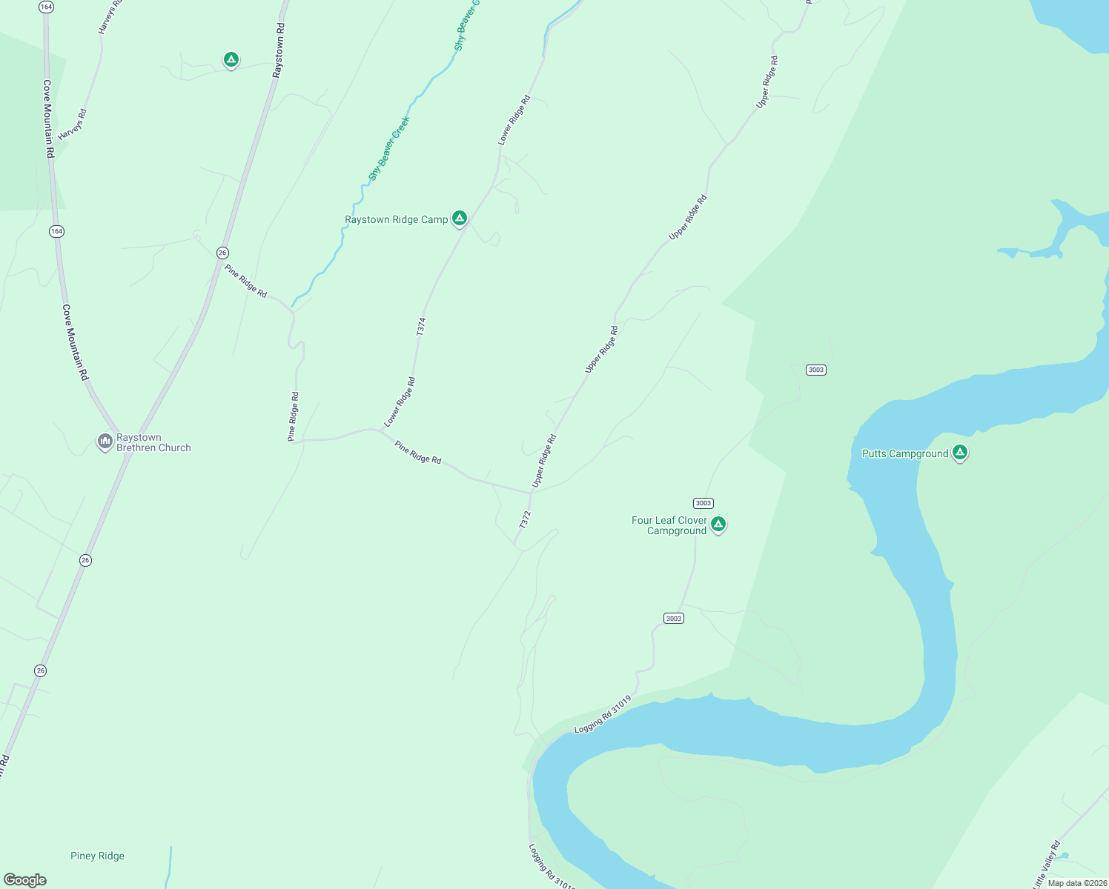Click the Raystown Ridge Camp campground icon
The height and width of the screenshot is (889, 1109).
coord(460,218)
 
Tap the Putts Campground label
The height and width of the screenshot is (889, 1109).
coord(904,453)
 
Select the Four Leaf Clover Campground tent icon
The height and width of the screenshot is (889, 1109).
coord(718,525)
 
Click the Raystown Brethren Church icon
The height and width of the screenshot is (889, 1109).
coord(105,442)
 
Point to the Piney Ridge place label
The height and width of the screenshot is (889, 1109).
coord(97,856)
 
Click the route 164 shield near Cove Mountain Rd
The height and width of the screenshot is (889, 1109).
coord(57,232)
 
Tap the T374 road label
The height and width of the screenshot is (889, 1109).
coord(421,327)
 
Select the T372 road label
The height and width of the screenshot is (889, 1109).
coord(525,519)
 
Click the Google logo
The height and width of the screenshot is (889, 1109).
coord(25,880)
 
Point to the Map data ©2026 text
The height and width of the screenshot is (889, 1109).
coord(1076,882)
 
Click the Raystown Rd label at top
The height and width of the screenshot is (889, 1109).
coord(279,50)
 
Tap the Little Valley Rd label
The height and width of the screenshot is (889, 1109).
coord(1047,864)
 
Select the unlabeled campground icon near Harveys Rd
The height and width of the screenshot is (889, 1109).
coord(231,59)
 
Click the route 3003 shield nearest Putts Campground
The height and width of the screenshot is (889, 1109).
coord(815,370)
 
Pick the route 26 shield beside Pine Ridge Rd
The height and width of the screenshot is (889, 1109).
coord(222,253)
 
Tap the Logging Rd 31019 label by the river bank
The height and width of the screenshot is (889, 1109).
coord(603,714)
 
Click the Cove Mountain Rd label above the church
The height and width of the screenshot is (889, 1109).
coord(76,342)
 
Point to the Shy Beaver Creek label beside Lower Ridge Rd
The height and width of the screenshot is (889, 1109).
coord(389,148)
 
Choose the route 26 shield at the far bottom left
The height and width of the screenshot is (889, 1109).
coord(40,670)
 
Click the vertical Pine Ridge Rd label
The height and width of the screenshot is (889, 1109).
coord(294,417)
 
